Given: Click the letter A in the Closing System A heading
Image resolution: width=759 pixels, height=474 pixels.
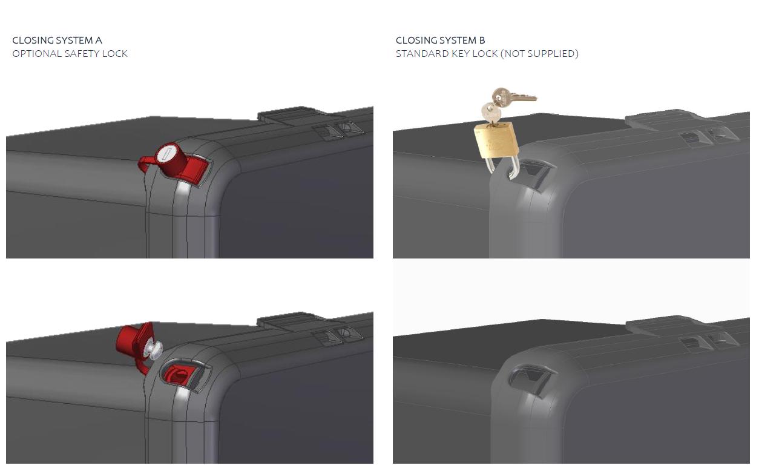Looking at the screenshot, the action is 98,41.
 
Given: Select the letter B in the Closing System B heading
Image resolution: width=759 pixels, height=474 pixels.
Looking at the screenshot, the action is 482,41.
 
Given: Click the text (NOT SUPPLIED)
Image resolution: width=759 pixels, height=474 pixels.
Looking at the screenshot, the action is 539,53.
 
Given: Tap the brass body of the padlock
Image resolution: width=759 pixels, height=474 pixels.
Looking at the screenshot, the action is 496,140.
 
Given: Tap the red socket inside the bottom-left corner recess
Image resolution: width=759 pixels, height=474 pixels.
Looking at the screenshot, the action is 179,375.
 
